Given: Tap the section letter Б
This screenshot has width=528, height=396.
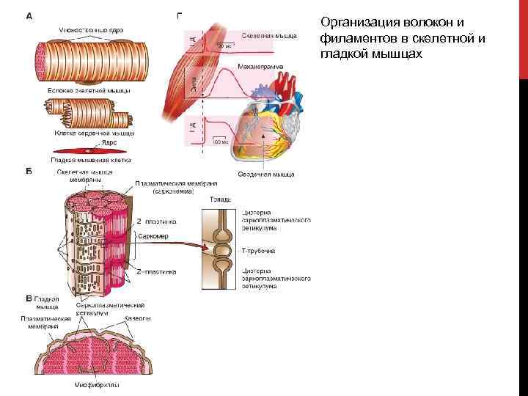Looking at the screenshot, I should tap(29, 172).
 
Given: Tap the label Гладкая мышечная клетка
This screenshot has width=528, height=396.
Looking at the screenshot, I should tap(90, 159).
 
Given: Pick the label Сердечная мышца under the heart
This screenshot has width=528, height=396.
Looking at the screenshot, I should tap(265, 174).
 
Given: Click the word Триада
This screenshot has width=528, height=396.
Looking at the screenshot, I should tap(221, 199).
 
